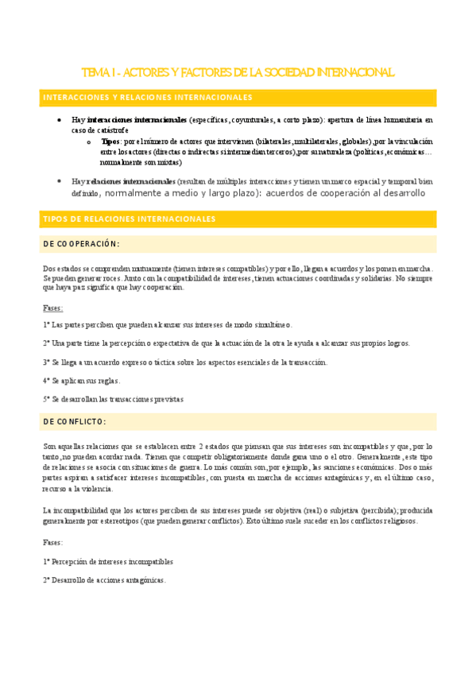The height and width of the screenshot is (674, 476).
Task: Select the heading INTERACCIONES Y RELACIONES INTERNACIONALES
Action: point(147,98)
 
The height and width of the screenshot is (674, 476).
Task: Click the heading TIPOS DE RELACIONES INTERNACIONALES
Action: point(129,219)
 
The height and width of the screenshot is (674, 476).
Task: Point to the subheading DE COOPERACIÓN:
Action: point(82,244)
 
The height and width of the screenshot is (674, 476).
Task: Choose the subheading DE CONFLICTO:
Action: point(75,421)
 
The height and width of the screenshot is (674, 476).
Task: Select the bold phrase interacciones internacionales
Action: point(136,120)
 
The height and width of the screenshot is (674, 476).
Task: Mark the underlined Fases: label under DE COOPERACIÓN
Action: point(53,307)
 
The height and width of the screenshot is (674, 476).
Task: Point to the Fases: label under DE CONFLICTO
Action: point(53,542)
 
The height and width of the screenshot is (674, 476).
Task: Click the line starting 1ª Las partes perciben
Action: point(168,325)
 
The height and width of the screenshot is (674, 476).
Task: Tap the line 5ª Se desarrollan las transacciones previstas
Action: point(114,399)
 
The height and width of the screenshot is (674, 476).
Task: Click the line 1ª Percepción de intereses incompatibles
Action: point(108,561)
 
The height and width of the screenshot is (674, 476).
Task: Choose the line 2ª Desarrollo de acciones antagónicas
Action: point(104,580)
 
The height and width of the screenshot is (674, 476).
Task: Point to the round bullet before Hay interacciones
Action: point(60,120)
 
